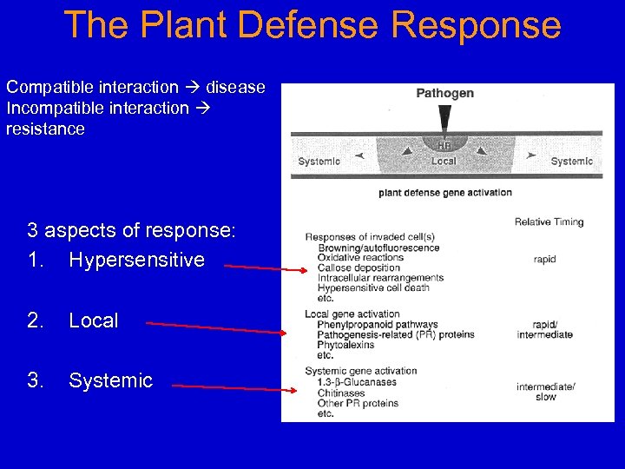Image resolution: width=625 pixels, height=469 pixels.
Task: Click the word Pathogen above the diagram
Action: [x=445, y=94]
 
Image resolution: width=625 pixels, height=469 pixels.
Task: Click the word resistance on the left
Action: [x=45, y=129]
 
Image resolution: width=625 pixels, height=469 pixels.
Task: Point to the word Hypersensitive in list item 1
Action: [x=136, y=260]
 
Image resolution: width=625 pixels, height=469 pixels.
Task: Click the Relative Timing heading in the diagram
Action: [x=549, y=222]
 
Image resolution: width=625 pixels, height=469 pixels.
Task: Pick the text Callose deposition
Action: [x=359, y=268]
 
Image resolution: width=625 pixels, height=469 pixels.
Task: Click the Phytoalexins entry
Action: [x=345, y=345]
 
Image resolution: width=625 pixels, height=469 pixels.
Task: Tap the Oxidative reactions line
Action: [x=360, y=258]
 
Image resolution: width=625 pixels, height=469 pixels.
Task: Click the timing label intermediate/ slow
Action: [x=545, y=392]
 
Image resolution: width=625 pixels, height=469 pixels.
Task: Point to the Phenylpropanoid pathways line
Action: [x=378, y=325]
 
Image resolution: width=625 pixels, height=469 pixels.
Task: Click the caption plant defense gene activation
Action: [x=445, y=193]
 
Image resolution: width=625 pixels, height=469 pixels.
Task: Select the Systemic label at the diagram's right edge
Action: [x=571, y=162]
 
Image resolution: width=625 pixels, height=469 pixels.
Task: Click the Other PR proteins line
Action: [x=358, y=403]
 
